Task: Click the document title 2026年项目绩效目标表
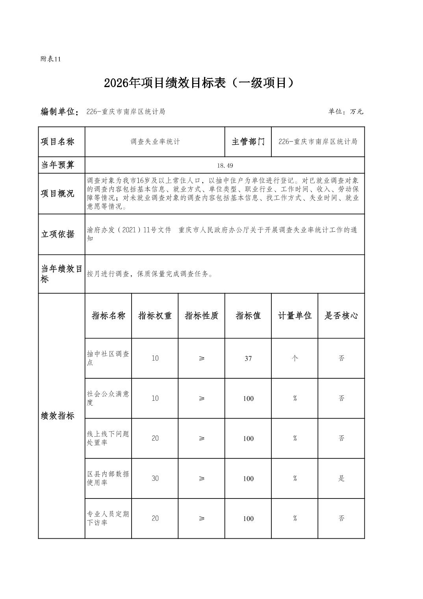199,83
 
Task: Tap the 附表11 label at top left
51,59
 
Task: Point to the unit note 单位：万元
345,112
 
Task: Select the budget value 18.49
225,166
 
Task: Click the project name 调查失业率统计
155,142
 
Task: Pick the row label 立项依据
58,234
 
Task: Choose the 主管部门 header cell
248,142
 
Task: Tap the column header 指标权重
155,316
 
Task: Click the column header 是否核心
341,316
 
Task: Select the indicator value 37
248,359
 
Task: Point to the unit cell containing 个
295,358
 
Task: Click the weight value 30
155,478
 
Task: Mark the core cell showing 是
341,478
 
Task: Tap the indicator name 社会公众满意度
108,398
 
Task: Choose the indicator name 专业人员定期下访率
108,518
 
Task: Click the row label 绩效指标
58,416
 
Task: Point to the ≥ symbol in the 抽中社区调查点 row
202,358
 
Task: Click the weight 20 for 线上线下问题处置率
155,438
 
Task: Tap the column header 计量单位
295,316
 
